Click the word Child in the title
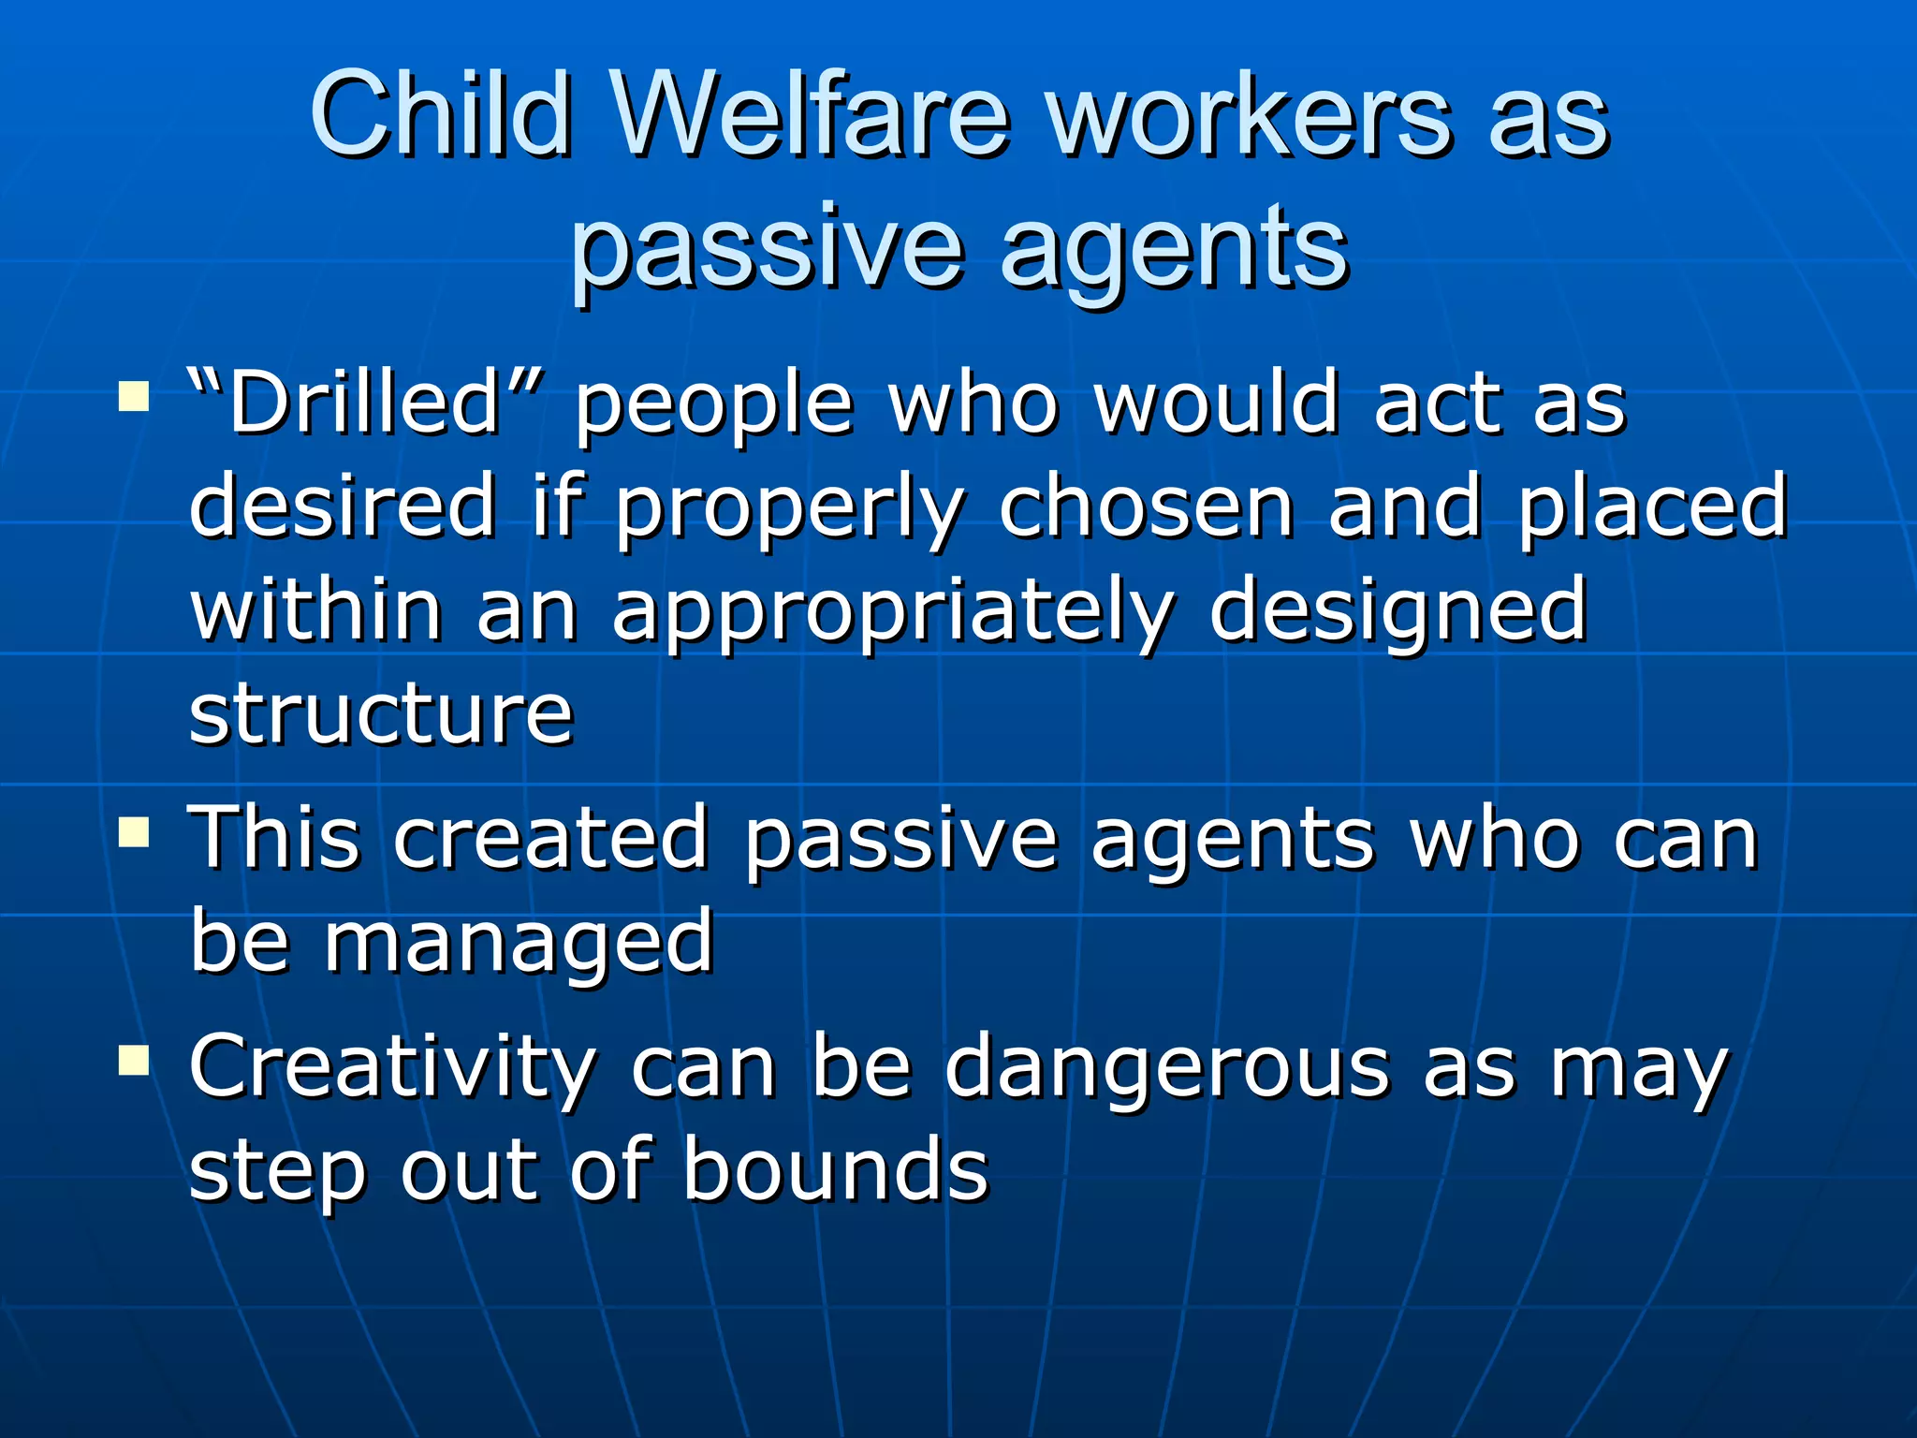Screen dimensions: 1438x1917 440,116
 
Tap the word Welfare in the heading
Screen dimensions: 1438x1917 811,116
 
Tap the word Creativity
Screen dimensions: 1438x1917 392,1067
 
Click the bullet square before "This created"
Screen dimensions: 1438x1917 134,830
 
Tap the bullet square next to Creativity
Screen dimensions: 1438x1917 134,1060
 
